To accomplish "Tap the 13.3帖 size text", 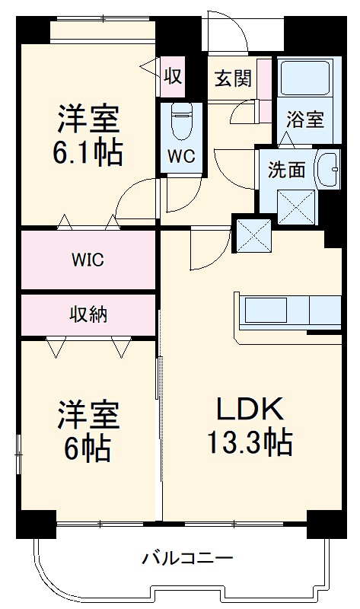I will click(x=250, y=442).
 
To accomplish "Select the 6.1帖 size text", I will click(x=88, y=153).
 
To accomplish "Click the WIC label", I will click(x=88, y=259).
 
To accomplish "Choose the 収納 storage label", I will click(x=88, y=313).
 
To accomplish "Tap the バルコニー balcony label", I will click(x=187, y=560).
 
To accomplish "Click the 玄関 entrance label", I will click(x=231, y=78).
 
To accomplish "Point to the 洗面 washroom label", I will click(x=286, y=169).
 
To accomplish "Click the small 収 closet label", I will click(x=173, y=77).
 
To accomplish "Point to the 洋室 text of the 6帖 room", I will click(x=88, y=416).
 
